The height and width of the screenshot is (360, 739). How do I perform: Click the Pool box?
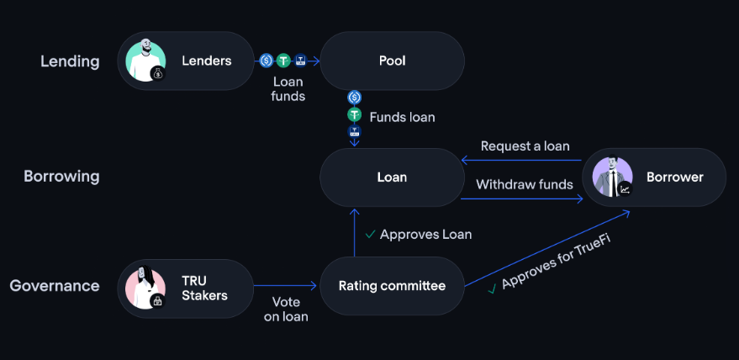point(392,61)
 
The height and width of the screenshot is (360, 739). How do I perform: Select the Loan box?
point(392,177)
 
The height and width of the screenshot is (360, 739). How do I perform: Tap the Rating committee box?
point(392,286)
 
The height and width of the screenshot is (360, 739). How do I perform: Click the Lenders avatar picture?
point(145,61)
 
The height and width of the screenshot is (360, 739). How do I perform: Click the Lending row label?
point(70,61)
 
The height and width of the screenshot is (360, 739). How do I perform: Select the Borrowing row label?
point(61,177)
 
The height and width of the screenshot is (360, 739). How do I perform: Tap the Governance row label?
point(55,286)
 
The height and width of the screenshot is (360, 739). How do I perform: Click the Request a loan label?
point(525,146)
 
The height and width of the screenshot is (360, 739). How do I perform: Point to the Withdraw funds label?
point(525,184)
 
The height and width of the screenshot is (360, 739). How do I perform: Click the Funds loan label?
point(402,117)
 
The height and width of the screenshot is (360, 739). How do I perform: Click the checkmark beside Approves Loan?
point(370,234)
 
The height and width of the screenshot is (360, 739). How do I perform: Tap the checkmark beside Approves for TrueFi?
point(492,289)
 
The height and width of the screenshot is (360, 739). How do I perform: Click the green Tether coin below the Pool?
point(354,115)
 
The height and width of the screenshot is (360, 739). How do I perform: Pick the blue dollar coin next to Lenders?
point(266,61)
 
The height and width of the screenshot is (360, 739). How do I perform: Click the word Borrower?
point(674,177)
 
